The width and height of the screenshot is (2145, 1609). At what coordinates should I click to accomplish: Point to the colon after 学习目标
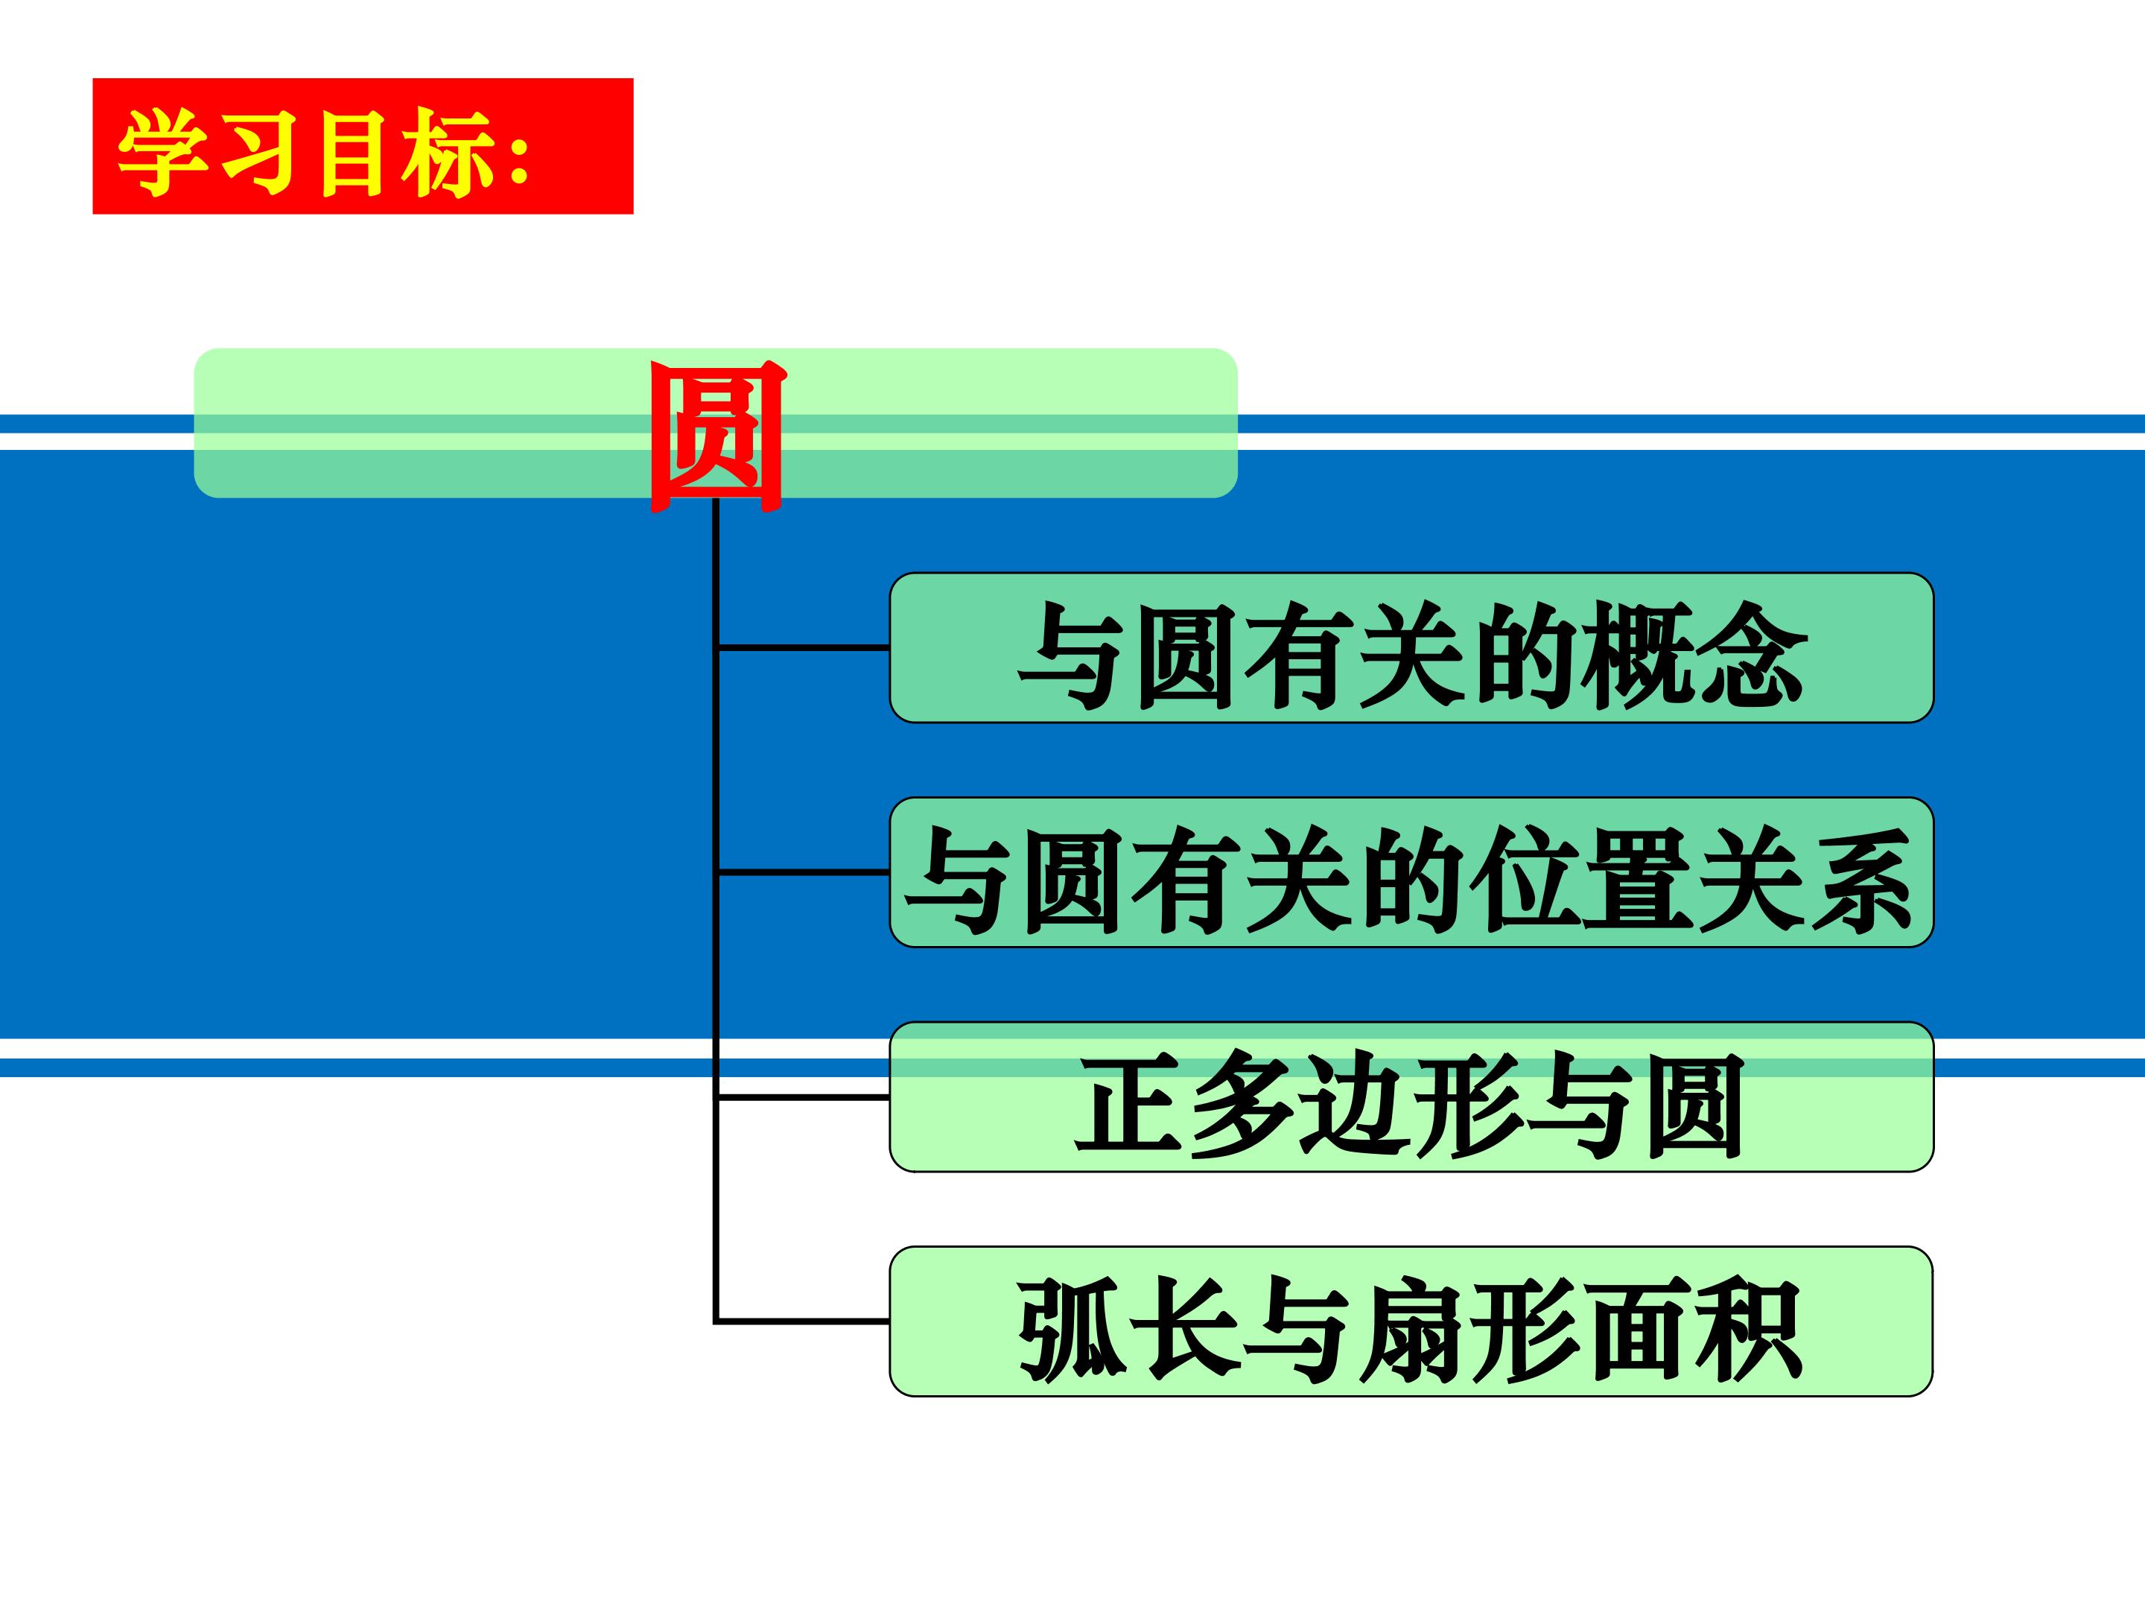519,155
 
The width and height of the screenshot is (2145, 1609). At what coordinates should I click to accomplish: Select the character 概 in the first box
1638,654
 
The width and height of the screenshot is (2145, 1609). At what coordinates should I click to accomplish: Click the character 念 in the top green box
1751,654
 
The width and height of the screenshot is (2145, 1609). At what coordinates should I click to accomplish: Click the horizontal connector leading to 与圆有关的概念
803,646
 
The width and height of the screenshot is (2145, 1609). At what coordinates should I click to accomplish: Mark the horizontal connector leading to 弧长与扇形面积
803,1321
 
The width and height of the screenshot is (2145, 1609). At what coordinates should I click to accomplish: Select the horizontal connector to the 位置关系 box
803,872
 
